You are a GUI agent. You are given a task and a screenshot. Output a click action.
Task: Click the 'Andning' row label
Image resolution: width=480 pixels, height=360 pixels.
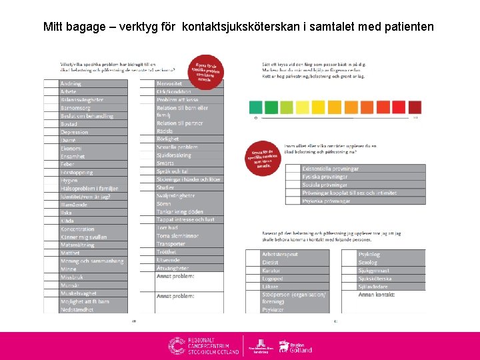[x=71, y=83]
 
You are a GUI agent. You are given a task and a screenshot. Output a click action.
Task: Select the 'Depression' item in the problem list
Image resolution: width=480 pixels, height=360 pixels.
[x=75, y=132]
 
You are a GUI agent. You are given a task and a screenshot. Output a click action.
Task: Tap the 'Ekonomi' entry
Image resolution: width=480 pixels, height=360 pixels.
[x=71, y=148]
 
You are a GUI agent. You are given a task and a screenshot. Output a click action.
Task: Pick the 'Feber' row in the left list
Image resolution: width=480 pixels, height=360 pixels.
[x=69, y=164]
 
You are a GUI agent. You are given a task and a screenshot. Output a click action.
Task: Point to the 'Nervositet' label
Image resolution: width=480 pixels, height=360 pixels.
[x=173, y=83]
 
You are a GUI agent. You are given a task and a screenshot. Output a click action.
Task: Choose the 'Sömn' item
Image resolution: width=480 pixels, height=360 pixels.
[x=165, y=203]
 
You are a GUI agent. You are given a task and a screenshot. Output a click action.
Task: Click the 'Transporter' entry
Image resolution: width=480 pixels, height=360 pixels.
[x=171, y=244]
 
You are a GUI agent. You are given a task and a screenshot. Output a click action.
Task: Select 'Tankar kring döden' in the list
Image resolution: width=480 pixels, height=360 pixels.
[x=181, y=211]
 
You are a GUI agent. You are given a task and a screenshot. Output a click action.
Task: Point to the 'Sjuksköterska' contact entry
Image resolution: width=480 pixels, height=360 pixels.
[x=374, y=279]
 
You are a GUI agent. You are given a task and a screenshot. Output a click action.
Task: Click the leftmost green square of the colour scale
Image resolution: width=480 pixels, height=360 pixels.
[x=256, y=107]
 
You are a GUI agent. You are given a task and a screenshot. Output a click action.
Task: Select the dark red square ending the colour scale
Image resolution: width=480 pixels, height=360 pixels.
[x=414, y=107]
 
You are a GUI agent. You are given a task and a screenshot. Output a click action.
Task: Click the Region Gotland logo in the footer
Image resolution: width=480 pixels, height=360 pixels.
[x=295, y=345]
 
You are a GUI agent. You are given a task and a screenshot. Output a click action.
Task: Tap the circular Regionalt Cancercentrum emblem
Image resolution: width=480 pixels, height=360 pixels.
[x=177, y=345]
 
